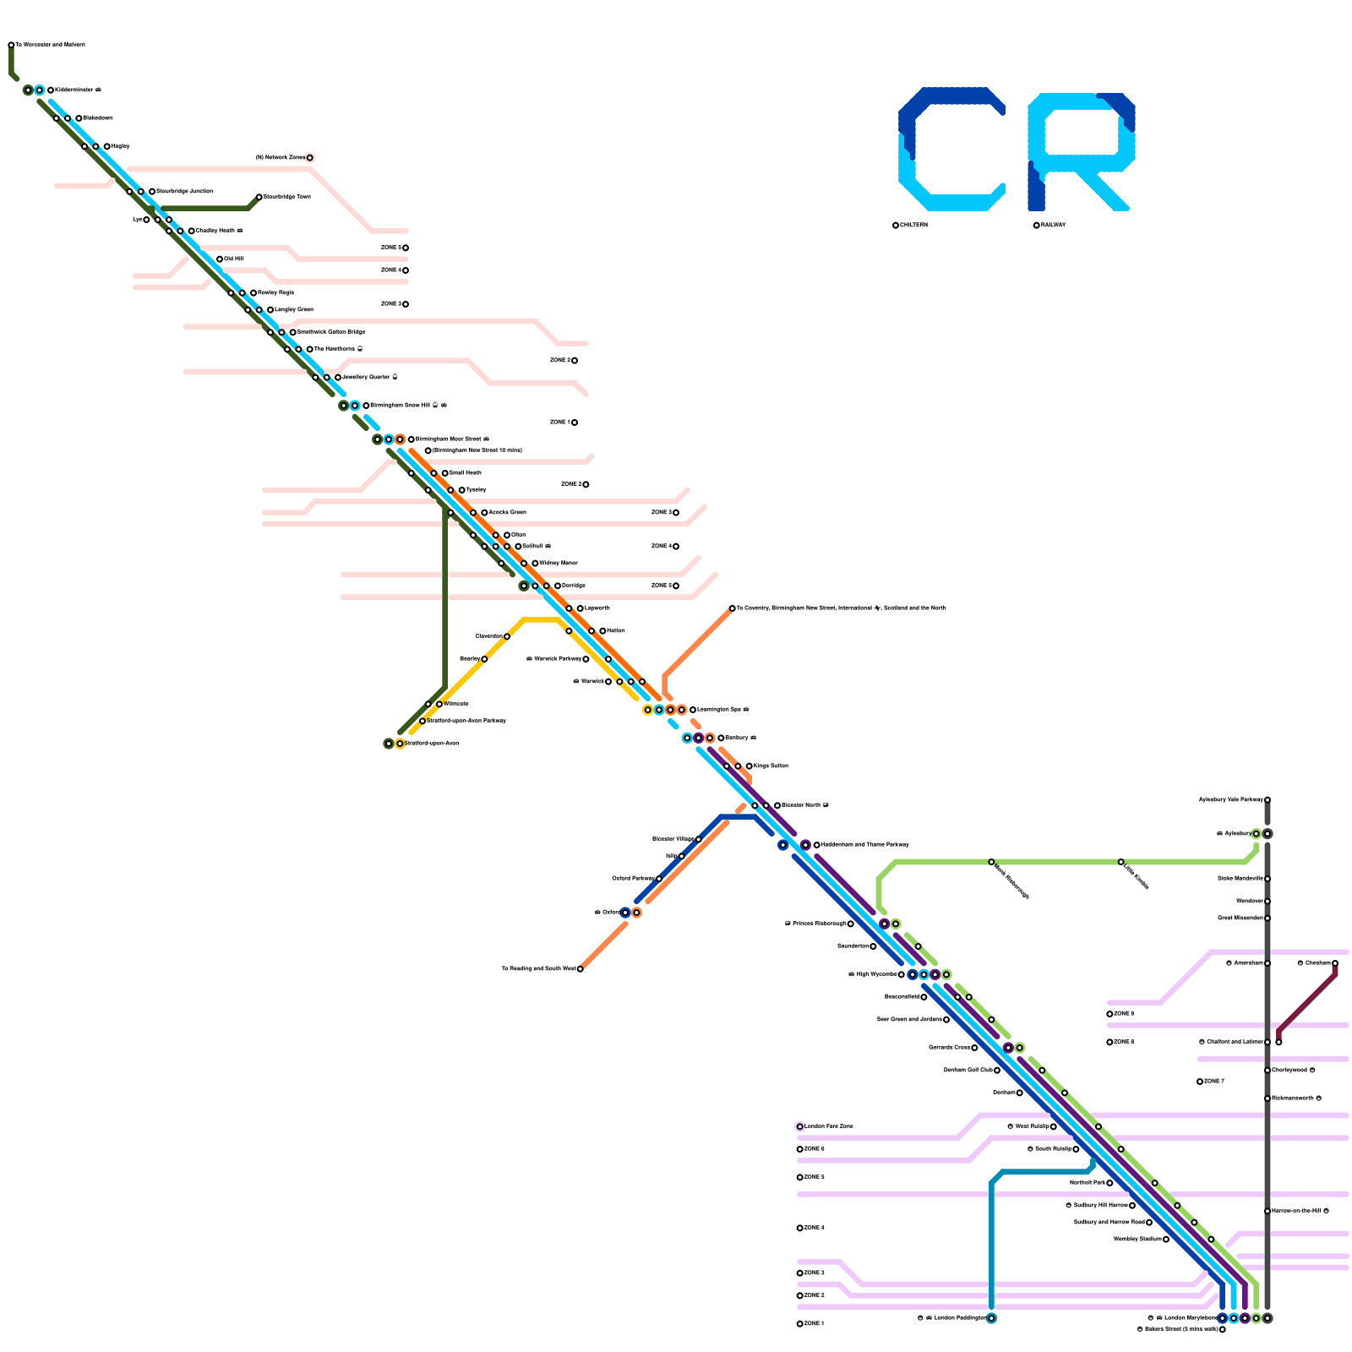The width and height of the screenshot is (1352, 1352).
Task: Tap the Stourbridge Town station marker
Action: pos(259,197)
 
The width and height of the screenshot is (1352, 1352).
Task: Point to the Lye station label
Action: pos(137,220)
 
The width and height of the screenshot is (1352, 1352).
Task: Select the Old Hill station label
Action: pos(234,259)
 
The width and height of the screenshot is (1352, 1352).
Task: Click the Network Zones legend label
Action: pos(280,158)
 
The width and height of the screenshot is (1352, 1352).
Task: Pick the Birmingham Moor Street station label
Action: pos(452,439)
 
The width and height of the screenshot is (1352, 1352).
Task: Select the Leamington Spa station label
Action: pos(722,710)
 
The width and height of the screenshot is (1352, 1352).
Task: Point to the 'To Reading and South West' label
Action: pos(538,969)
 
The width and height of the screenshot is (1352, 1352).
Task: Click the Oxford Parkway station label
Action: pos(633,879)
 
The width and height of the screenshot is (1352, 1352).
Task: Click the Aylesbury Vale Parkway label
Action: pos(1230,799)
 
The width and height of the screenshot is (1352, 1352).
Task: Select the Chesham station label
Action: pos(1315,963)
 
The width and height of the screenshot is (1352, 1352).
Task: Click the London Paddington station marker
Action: pos(991,1318)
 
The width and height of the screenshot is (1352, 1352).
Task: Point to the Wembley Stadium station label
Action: pos(1137,1240)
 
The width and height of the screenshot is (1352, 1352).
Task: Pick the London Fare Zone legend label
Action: pos(829,1126)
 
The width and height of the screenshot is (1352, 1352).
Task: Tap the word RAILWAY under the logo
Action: pos(1053,226)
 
